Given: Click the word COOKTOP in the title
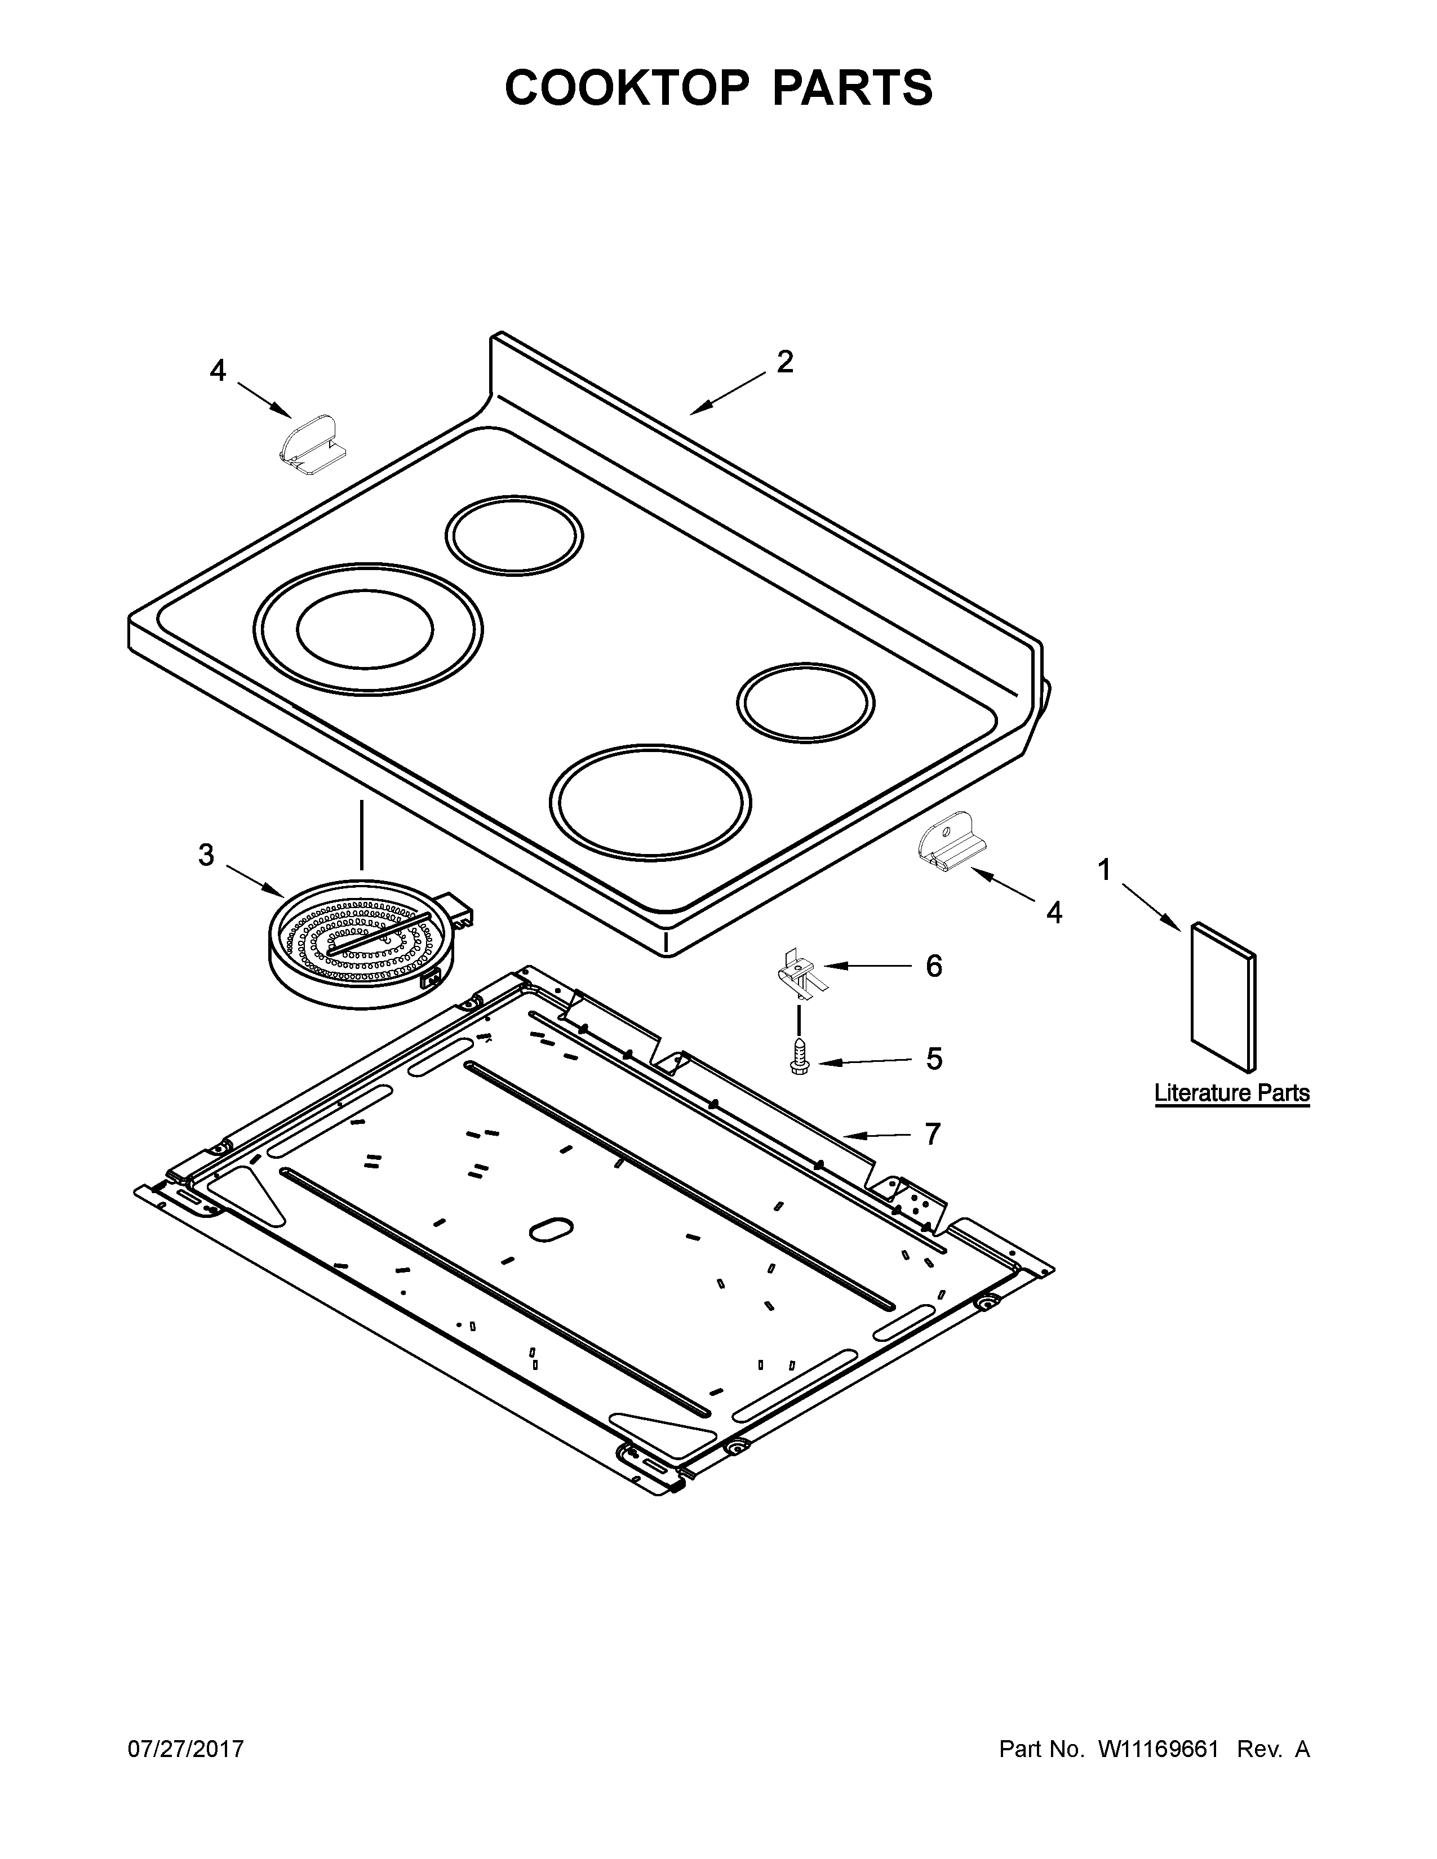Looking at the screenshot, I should click(627, 88).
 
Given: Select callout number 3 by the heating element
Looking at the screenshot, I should click(206, 855).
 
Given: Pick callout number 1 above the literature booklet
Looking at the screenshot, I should click(1104, 870).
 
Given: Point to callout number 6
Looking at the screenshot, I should click(934, 966).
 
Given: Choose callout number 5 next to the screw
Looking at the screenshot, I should click(934, 1059).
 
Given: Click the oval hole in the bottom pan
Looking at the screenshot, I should click(551, 1228).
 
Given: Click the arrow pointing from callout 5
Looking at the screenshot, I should click(864, 1061).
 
